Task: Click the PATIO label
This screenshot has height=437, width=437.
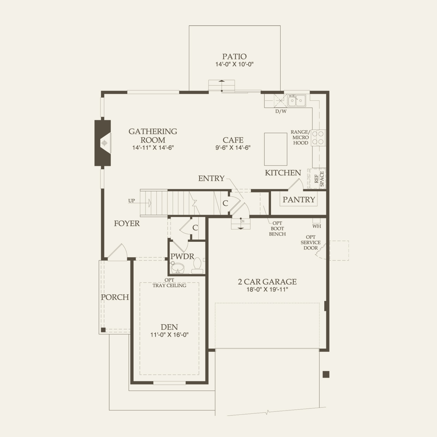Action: [234, 56]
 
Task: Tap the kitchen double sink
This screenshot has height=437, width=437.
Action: [296, 101]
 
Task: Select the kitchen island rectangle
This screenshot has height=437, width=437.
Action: [276, 149]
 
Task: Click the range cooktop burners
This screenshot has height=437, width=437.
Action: [319, 137]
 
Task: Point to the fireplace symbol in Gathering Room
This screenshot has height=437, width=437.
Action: [104, 143]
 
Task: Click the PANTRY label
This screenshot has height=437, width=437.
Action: [298, 200]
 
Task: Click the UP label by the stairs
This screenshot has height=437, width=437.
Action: [131, 201]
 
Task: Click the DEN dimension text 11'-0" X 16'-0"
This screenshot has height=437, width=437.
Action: [170, 335]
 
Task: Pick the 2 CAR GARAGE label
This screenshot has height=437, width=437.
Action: [267, 282]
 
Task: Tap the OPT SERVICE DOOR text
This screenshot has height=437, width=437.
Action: [310, 242]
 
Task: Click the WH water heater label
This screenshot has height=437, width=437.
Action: [316, 226]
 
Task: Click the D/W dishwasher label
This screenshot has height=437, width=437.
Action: [281, 111]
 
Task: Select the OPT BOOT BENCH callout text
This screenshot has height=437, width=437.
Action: [277, 229]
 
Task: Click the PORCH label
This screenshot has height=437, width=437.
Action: [115, 297]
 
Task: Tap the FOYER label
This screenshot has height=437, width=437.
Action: [127, 223]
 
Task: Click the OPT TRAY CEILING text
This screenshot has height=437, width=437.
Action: [169, 283]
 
